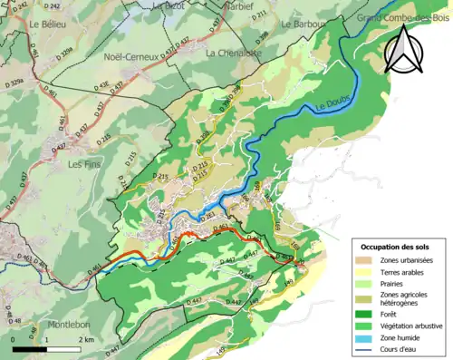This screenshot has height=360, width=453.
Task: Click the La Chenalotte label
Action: point(234,54)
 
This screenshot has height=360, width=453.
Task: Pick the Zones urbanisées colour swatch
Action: point(366,261)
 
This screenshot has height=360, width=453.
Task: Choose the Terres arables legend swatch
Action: point(366,271)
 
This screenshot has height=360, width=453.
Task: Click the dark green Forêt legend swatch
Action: point(366,312)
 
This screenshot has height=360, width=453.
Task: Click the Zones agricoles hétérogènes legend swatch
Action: point(366,297)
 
